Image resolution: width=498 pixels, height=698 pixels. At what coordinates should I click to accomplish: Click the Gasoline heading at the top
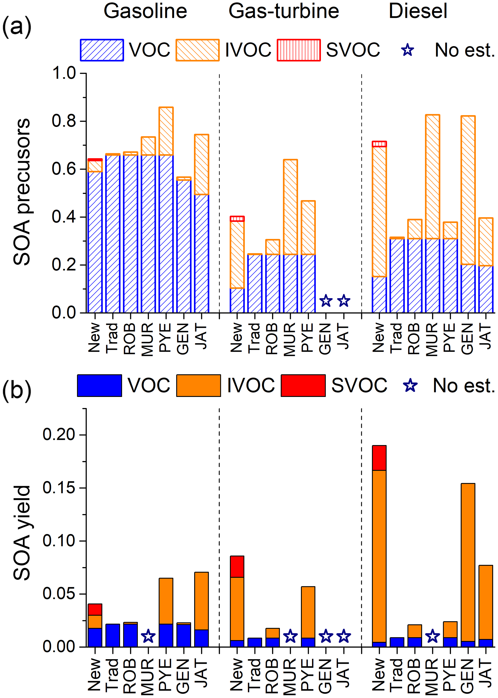pos(145,11)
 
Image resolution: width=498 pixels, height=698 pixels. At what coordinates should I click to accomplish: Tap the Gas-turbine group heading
pos(284,11)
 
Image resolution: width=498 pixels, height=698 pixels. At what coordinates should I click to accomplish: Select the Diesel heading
pos(418,11)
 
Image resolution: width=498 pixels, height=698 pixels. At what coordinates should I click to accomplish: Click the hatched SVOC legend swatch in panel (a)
pos(299,50)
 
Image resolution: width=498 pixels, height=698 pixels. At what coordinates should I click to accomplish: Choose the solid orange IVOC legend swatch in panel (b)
pos(198,385)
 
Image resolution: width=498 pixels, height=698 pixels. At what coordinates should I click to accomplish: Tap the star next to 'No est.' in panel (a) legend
pos(408,50)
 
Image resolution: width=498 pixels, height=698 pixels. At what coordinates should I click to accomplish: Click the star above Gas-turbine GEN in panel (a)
pos(326,301)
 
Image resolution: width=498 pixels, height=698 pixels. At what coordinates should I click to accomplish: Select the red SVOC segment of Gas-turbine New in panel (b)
pos(237,566)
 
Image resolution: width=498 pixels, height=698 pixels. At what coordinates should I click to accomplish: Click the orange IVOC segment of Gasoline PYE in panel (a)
pos(166,131)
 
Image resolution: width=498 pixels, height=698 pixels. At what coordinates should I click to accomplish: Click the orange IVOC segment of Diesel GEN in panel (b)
pos(468,564)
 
